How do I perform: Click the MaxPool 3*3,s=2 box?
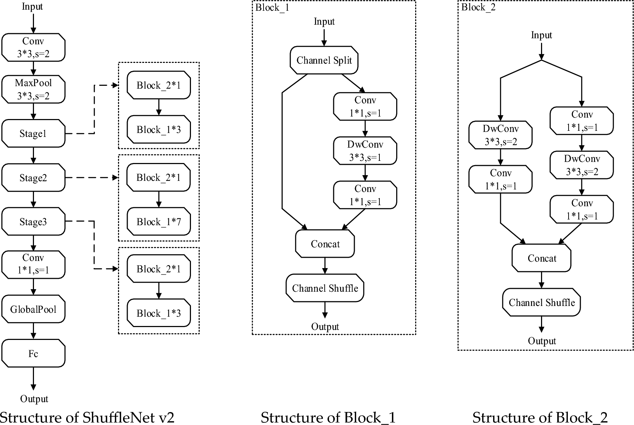33,89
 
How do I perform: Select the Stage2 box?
33,178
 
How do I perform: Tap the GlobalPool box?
33,309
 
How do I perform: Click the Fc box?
33,354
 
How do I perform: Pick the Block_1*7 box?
159,222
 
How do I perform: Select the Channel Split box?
324,60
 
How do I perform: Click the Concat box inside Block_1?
325,244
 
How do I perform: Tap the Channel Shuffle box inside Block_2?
541,302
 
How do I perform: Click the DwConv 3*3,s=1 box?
365,151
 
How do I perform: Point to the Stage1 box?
33,134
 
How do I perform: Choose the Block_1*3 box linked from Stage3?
159,313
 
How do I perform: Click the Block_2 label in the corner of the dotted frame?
478,7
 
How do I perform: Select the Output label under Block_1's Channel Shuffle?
325,326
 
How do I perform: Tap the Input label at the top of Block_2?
541,35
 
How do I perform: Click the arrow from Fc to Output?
33,379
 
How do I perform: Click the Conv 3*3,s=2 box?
33,48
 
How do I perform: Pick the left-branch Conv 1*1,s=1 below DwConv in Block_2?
501,179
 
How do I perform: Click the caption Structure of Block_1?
328,417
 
